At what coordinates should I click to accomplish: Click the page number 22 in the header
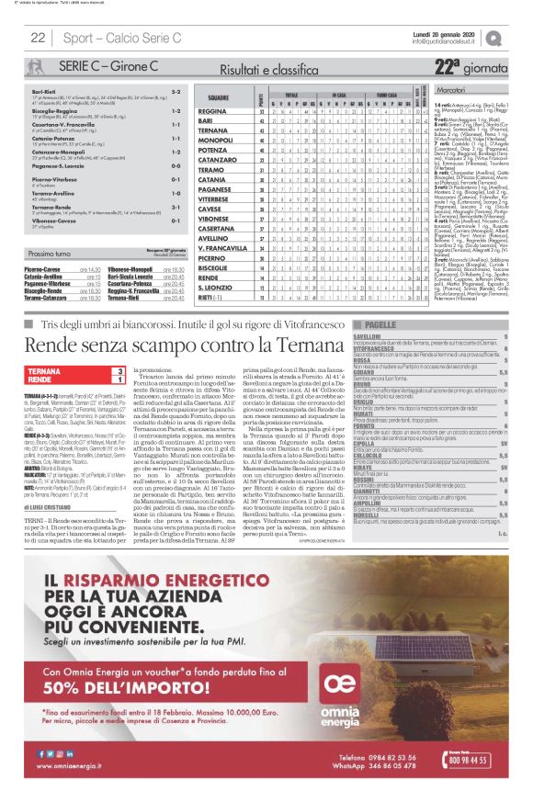tap(38, 38)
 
